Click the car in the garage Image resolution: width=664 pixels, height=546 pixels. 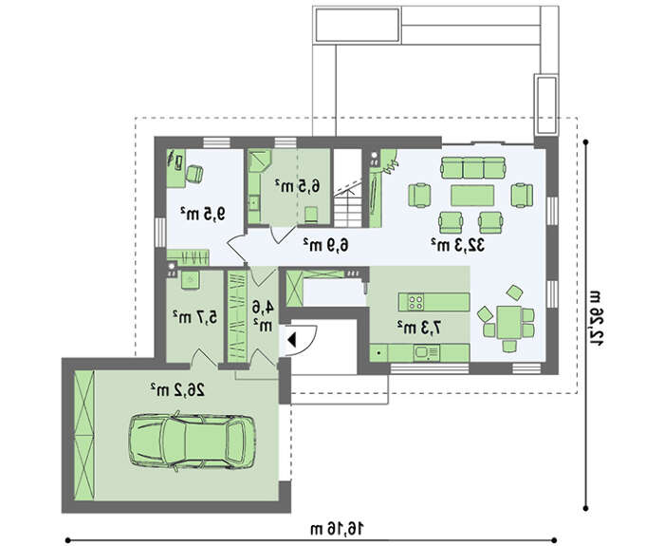[x=192, y=442]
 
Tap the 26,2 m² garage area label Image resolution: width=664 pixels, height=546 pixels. [x=177, y=389]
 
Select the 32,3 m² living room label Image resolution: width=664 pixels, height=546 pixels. [x=458, y=245]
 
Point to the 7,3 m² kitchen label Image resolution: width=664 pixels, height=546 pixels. [x=418, y=327]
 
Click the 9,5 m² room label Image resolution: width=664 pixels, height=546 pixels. [x=202, y=214]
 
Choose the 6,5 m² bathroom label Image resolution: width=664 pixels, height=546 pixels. [x=297, y=185]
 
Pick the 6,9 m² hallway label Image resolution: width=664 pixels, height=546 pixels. [x=325, y=245]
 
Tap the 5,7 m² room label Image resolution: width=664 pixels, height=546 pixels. [x=195, y=316]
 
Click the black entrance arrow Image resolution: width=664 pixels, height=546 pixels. [x=291, y=340]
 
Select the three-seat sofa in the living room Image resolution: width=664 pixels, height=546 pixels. [x=473, y=167]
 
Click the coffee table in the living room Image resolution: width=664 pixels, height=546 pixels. [x=472, y=196]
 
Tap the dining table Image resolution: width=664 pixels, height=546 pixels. [x=508, y=322]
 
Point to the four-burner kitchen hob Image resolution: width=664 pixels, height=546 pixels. [x=415, y=302]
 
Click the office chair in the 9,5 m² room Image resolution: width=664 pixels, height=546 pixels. [x=194, y=174]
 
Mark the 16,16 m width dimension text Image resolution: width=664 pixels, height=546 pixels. [x=337, y=529]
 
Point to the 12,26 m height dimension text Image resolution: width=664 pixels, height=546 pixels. [x=596, y=319]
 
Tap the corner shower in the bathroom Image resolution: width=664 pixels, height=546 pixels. [x=259, y=160]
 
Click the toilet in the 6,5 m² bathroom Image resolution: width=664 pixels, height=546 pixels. [x=312, y=214]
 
